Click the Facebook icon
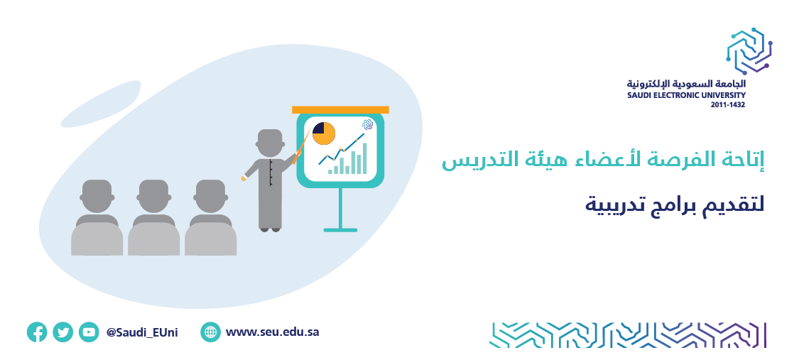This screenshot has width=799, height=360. (37, 332)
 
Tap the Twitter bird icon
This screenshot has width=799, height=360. (62, 332)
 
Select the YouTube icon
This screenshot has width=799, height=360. (89, 332)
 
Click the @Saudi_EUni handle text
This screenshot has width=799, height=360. (142, 332)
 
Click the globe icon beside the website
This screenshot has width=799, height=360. (210, 332)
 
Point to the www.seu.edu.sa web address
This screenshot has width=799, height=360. (272, 332)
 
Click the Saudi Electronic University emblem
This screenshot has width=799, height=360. (749, 51)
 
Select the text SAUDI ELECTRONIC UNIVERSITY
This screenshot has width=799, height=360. (686, 95)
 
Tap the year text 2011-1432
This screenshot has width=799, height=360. (728, 105)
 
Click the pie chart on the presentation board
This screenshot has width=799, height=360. (324, 133)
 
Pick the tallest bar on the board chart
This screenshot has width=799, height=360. (364, 158)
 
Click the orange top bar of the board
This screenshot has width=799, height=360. (340, 109)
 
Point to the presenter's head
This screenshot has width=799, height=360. (270, 143)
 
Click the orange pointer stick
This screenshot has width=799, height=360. (302, 147)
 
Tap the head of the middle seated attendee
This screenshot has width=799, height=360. (153, 196)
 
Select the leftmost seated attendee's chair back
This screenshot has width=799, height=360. (97, 239)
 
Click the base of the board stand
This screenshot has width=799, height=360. (340, 230)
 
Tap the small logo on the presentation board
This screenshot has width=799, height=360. (367, 124)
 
